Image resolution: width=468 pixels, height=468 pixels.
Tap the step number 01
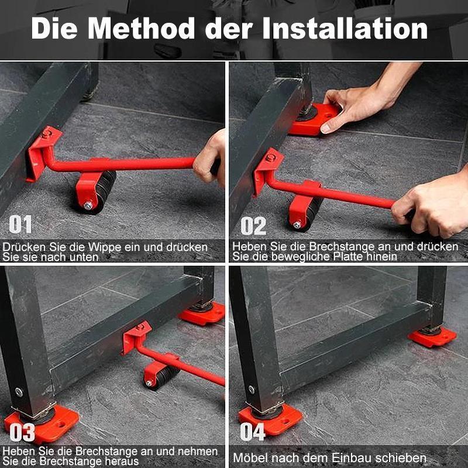pos(20,225)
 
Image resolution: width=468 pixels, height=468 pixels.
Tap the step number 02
pos(253,226)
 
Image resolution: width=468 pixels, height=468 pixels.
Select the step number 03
pos(22,433)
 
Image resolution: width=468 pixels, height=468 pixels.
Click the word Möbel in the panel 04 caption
pos(249,457)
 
